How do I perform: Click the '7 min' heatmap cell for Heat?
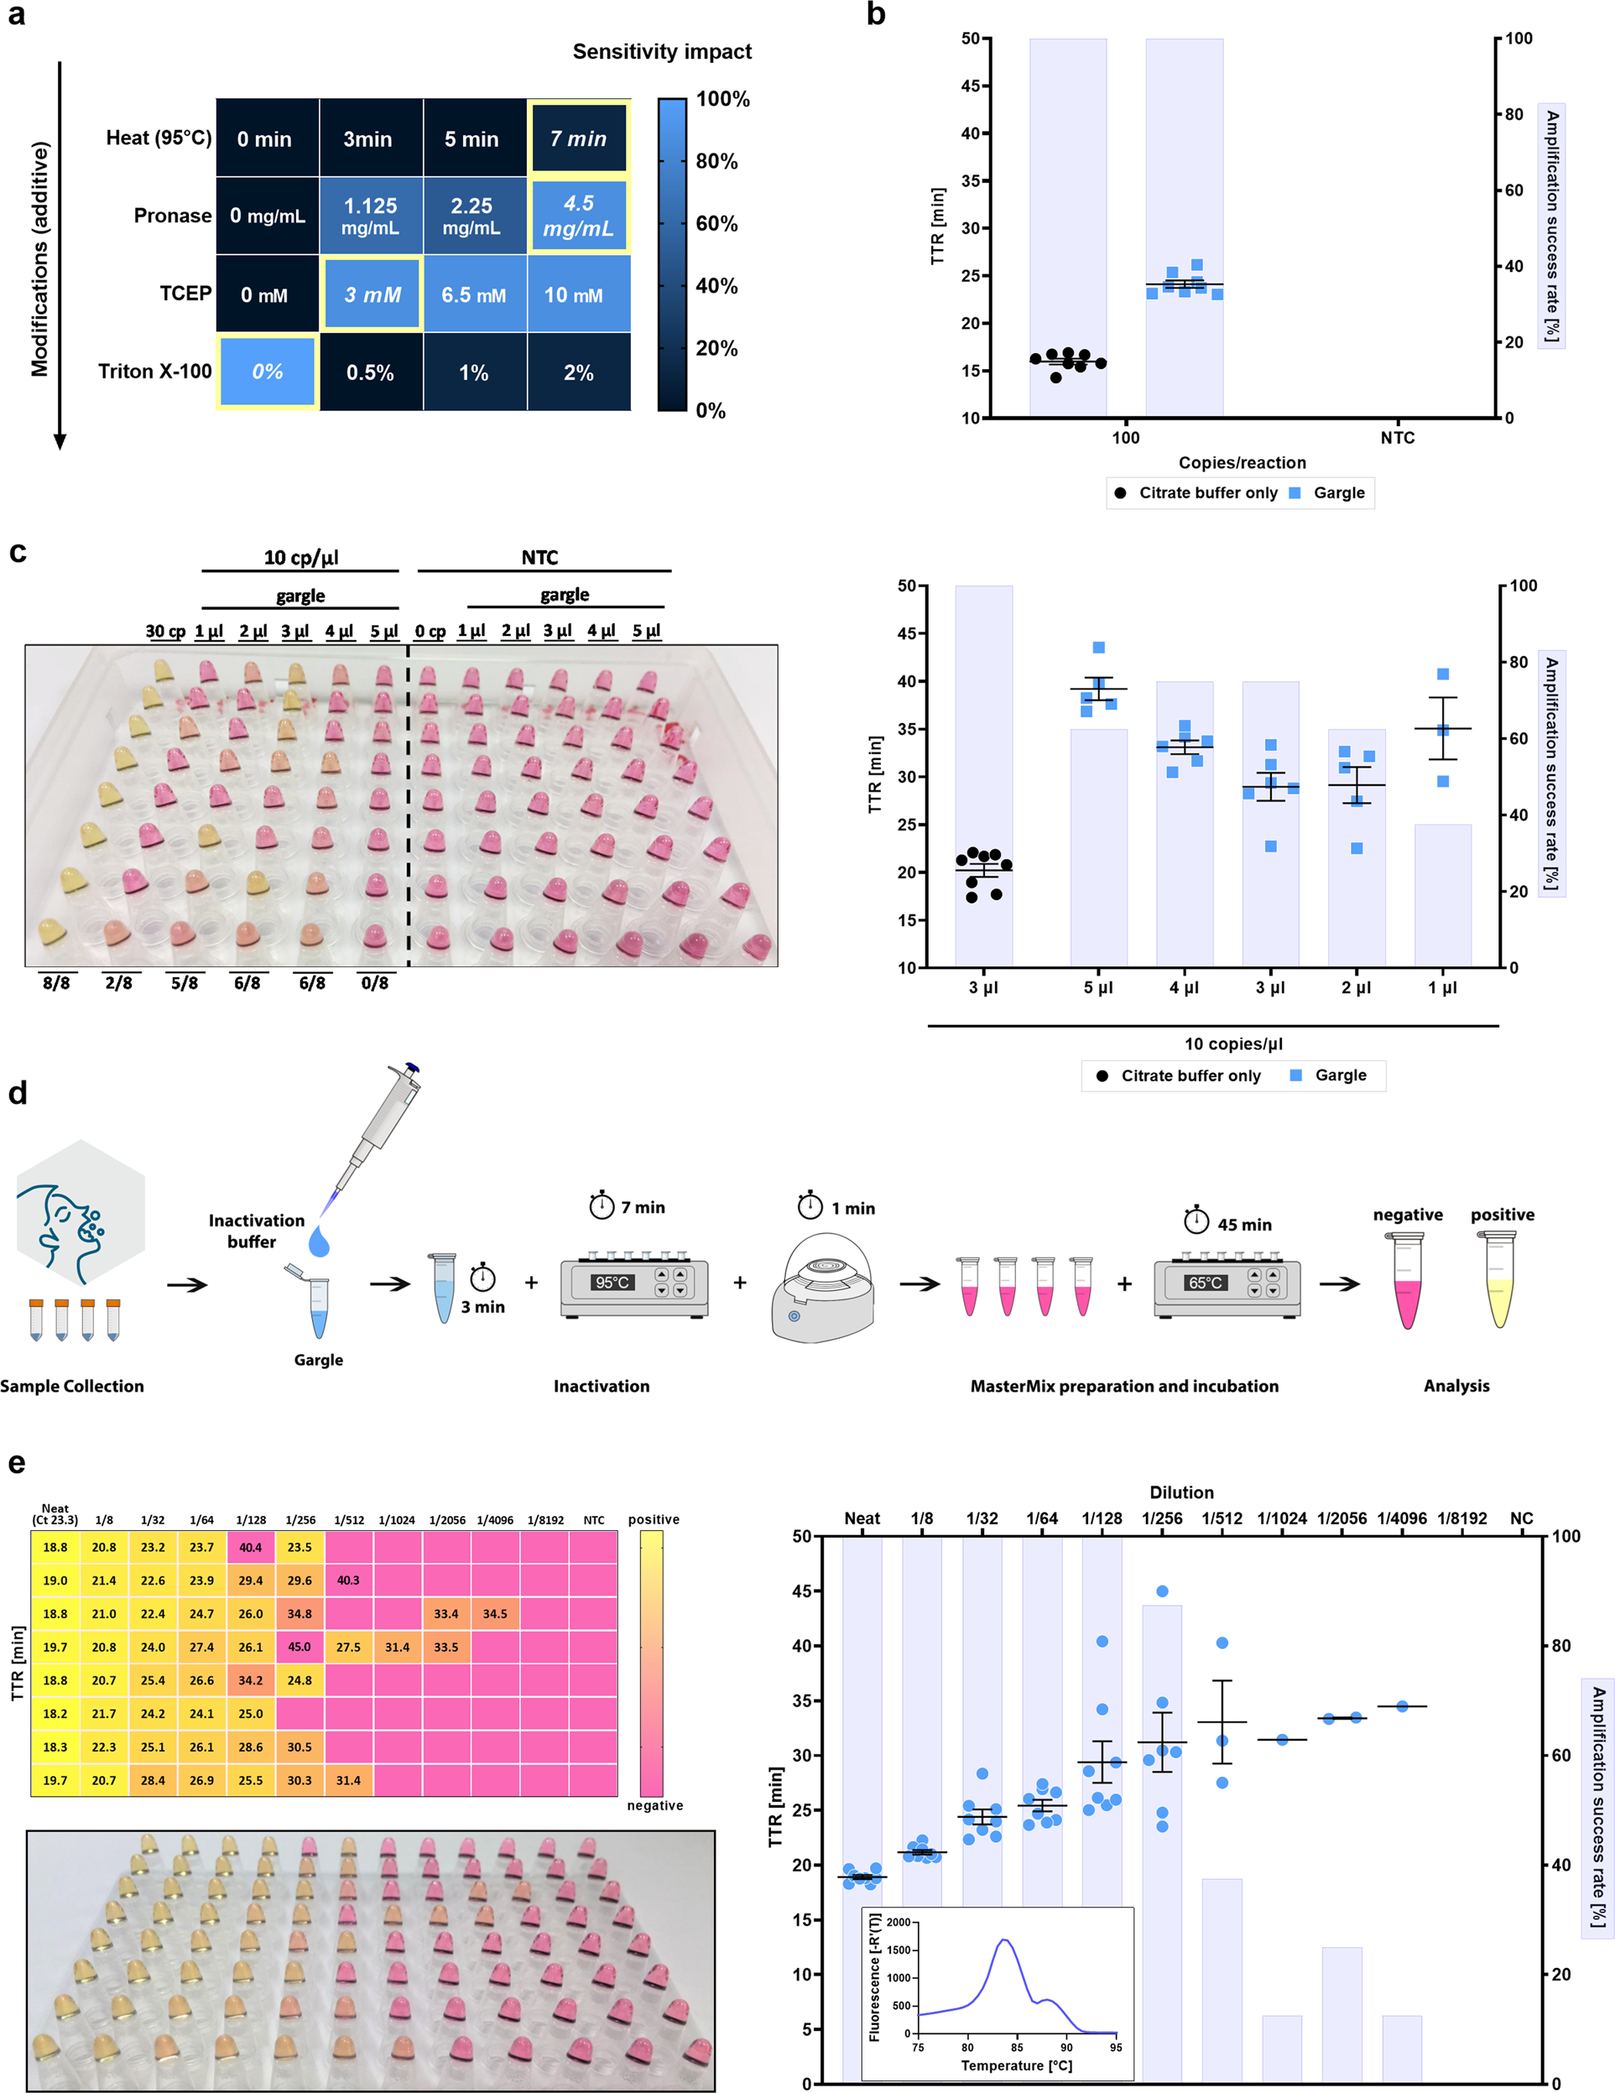tap(578, 138)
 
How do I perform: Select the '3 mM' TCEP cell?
tap(372, 294)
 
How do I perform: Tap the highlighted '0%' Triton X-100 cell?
tap(268, 372)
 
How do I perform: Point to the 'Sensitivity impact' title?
tap(661, 52)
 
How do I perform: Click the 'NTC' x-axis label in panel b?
tap(1397, 438)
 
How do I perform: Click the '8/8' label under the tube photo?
tap(56, 982)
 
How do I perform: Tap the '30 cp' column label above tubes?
tap(164, 631)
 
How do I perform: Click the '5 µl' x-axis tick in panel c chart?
tap(1098, 987)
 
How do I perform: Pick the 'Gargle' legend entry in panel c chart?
tap(1340, 1075)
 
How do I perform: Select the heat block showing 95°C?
tap(633, 1284)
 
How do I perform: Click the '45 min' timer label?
tap(1243, 1225)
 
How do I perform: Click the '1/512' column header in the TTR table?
tap(349, 1520)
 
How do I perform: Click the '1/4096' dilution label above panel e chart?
tap(1401, 1518)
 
